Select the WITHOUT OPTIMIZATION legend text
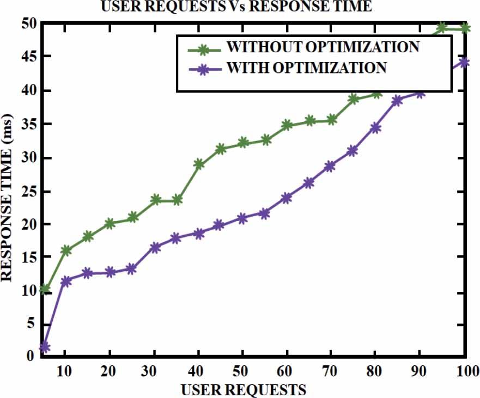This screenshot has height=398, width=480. pos(323,47)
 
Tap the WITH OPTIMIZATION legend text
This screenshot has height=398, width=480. pos(307,68)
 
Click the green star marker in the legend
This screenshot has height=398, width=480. pos(203,49)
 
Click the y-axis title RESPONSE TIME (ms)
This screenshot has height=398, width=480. pos(8,197)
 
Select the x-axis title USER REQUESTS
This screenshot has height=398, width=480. pos(244,389)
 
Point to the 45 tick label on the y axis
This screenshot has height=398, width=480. pos(28,57)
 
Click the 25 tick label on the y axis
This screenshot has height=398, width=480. pos(28,192)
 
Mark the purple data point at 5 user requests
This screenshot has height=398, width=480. pos(45,347)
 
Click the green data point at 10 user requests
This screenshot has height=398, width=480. pos(66,250)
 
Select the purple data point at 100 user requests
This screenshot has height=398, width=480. pos(465,62)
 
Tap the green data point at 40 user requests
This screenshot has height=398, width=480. pos(199,164)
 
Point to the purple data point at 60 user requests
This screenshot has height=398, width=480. pos(287,198)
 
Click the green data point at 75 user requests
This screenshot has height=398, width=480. pos(353,99)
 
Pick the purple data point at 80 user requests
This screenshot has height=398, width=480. pos(375,128)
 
